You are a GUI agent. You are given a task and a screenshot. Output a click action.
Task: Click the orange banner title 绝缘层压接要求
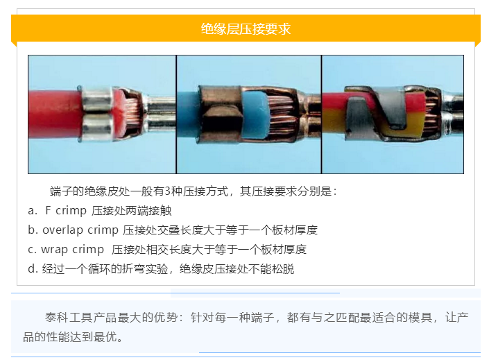245,28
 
